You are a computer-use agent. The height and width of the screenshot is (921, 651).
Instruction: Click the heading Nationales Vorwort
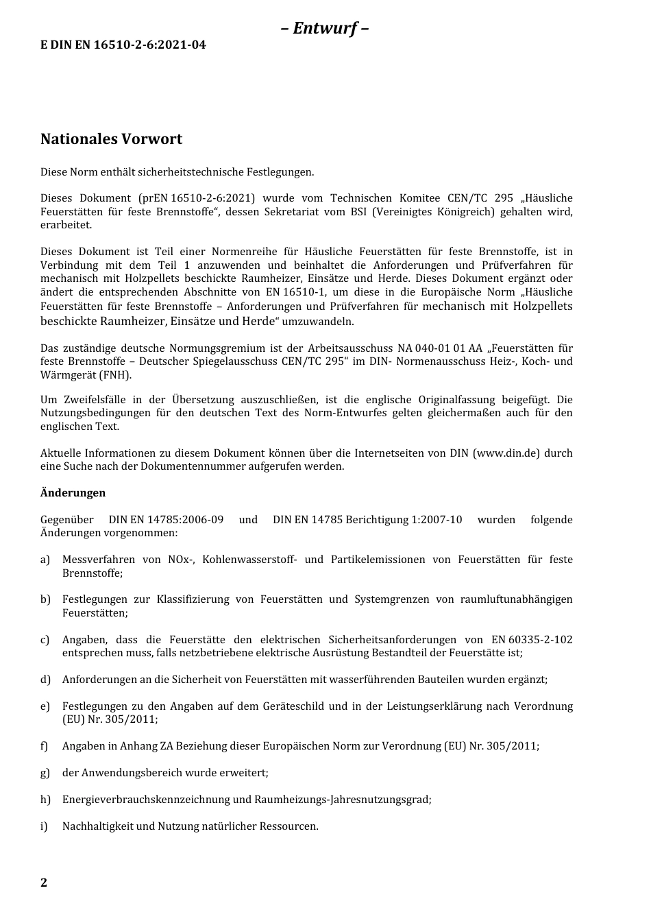tap(111, 139)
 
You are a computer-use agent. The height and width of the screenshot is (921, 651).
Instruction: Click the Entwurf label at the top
tap(325, 28)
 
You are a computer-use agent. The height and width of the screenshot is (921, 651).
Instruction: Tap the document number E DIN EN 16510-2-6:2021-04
tap(123, 45)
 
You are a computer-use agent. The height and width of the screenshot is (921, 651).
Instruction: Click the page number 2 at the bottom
tap(44, 883)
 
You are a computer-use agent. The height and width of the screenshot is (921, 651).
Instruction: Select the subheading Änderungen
tap(73, 493)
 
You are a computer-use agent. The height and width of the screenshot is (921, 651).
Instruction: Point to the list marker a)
tap(45, 560)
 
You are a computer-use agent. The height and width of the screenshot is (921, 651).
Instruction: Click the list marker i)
tap(45, 826)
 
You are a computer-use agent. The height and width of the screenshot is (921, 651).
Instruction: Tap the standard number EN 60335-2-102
tap(532, 640)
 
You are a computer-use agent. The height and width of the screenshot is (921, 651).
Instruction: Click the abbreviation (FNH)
tap(116, 375)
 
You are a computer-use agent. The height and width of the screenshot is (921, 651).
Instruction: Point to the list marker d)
tap(45, 680)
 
